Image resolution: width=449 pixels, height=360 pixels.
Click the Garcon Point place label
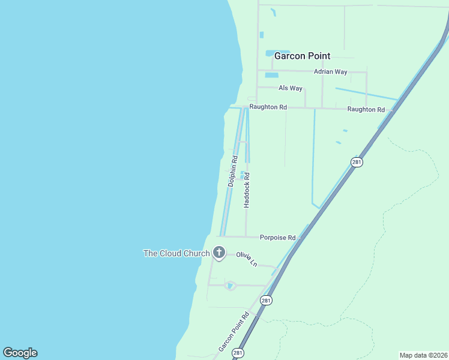click(302, 56)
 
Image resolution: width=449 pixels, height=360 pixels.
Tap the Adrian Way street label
click(330, 72)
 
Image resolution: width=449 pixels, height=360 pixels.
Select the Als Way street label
click(291, 88)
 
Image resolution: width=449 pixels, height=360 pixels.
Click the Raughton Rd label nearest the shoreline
click(268, 107)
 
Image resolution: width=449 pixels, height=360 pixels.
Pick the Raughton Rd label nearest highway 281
click(366, 110)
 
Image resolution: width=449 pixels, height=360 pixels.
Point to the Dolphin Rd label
click(232, 172)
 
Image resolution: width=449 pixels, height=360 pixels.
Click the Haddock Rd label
click(246, 190)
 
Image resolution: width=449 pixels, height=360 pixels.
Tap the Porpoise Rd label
click(277, 238)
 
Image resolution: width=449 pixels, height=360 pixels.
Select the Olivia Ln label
click(247, 259)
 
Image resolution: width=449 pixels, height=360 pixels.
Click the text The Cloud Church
click(176, 253)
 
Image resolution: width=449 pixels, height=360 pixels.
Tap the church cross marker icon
click(219, 253)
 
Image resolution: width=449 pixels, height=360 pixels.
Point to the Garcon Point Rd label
click(234, 332)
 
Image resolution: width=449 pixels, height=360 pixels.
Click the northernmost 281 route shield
click(357, 163)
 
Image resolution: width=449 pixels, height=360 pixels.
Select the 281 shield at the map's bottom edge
click(238, 353)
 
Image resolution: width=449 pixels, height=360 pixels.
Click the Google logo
click(20, 353)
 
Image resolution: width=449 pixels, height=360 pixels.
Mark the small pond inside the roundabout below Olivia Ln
click(230, 286)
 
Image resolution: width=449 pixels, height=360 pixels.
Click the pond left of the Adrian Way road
click(271, 76)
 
